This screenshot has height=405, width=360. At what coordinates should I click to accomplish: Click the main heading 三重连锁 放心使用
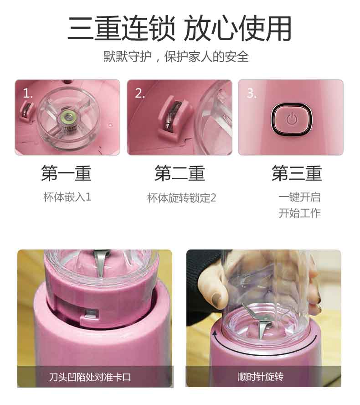[x=180, y=28]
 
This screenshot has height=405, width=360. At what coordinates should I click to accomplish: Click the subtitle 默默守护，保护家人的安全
[x=176, y=57]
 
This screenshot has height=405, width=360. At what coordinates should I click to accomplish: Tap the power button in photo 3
[x=292, y=119]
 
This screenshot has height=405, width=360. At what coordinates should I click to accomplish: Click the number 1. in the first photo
[x=28, y=93]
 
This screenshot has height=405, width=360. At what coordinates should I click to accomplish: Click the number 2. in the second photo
[x=140, y=93]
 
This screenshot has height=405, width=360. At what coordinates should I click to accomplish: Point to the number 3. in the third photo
[x=252, y=93]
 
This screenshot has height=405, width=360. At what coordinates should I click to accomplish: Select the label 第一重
[x=67, y=173]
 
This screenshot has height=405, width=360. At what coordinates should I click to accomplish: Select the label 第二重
[x=180, y=173]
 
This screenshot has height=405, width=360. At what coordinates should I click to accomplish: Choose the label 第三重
[x=297, y=173]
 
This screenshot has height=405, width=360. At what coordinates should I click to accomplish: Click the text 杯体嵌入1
[x=67, y=197]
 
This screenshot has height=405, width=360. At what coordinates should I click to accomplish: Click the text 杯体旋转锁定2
[x=181, y=198]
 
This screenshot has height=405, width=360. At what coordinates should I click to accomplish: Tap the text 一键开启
[x=299, y=197]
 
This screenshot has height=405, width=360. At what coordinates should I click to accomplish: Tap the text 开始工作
[x=299, y=213]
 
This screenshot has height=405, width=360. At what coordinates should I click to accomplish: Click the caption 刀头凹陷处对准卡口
[x=90, y=377]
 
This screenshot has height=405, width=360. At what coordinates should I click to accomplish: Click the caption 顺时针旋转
[x=260, y=377]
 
